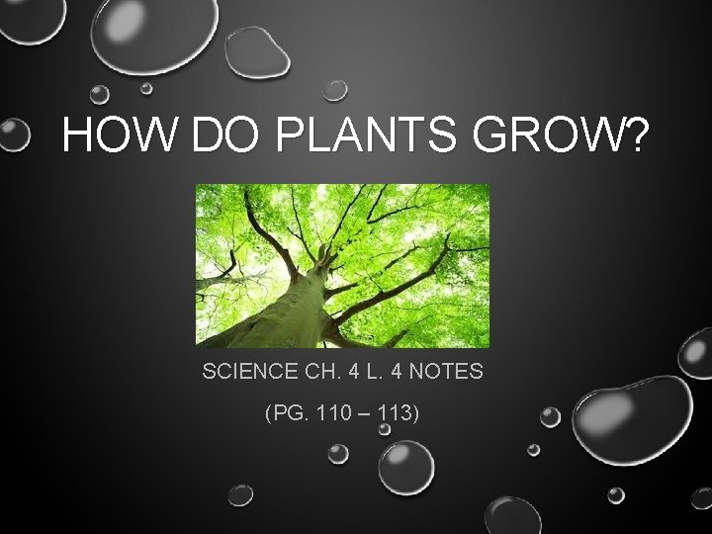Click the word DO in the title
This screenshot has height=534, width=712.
click(x=230, y=136)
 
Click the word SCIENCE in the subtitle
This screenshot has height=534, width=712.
click(x=247, y=373)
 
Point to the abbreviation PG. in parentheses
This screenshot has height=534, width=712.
click(x=282, y=412)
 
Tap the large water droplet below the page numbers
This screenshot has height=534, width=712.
click(x=406, y=467)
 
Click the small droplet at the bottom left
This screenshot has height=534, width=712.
click(x=240, y=494)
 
